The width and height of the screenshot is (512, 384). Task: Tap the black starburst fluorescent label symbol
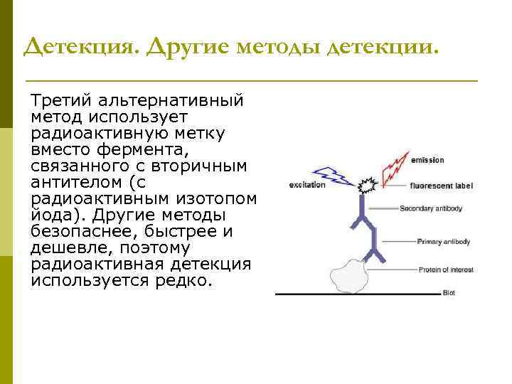367,187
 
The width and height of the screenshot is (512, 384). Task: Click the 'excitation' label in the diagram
307,185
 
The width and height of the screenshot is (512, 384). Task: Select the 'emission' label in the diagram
427,160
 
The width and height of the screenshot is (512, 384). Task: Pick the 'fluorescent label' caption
441,186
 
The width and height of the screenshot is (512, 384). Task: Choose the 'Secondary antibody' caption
431,209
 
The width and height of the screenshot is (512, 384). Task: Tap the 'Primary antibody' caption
444,242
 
